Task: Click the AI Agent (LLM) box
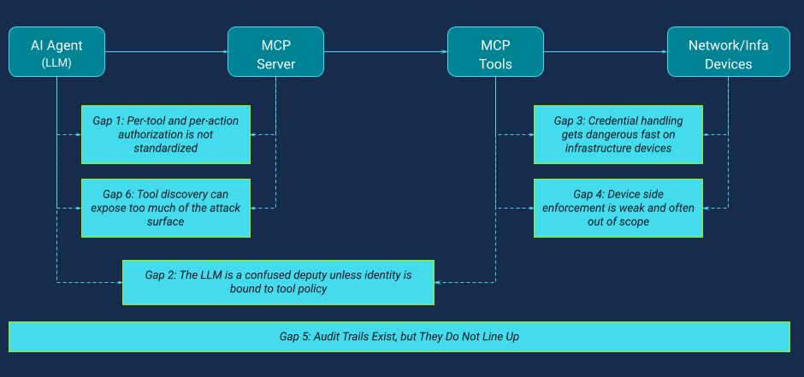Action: (57, 52)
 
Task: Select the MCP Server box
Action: (275, 52)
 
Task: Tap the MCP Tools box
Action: (495, 52)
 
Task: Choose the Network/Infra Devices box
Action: (728, 52)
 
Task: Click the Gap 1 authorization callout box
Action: (166, 134)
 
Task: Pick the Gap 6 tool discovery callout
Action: (166, 208)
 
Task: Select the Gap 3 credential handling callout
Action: (618, 134)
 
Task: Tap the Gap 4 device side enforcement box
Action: (618, 208)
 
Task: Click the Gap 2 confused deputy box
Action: (278, 282)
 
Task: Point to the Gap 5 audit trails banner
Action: (399, 337)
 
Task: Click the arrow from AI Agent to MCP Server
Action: (167, 52)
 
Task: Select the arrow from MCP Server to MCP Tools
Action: (385, 52)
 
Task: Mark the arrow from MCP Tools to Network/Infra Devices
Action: (606, 52)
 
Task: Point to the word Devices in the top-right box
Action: (728, 64)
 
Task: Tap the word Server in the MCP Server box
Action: (275, 64)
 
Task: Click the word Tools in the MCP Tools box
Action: (495, 64)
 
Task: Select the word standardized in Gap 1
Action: (166, 148)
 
